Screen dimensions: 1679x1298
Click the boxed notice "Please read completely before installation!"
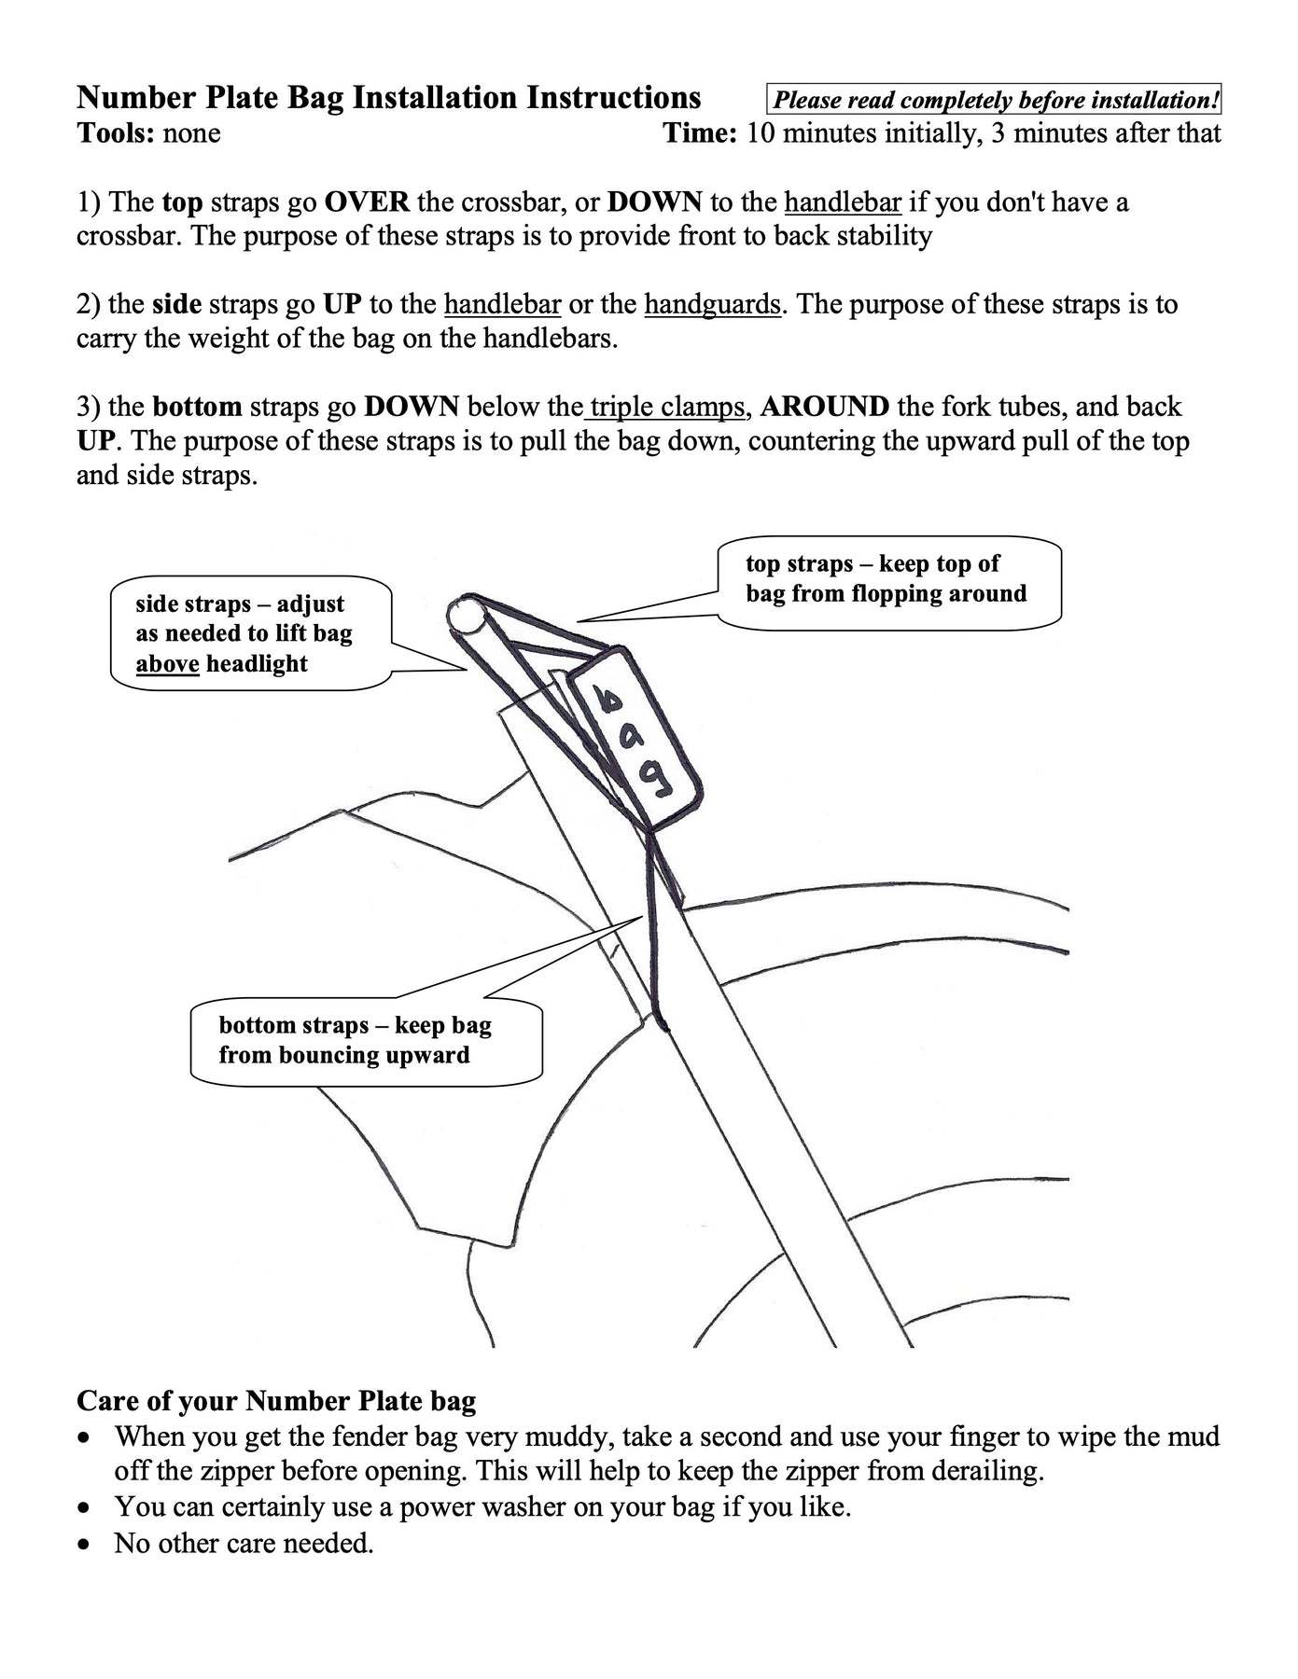coord(995,100)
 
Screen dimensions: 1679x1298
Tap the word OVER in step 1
coord(366,202)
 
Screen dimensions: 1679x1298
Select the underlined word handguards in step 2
coord(712,304)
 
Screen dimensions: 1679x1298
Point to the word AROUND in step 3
coord(825,407)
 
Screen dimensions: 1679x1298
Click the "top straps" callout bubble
coord(889,582)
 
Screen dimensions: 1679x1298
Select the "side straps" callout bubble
coord(249,633)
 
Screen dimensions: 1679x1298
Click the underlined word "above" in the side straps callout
coord(167,664)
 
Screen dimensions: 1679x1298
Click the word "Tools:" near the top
coord(115,133)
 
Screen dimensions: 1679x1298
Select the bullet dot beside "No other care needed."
coord(86,1545)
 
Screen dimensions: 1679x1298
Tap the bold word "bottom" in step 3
coord(197,407)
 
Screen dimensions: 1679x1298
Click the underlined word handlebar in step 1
coord(842,202)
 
